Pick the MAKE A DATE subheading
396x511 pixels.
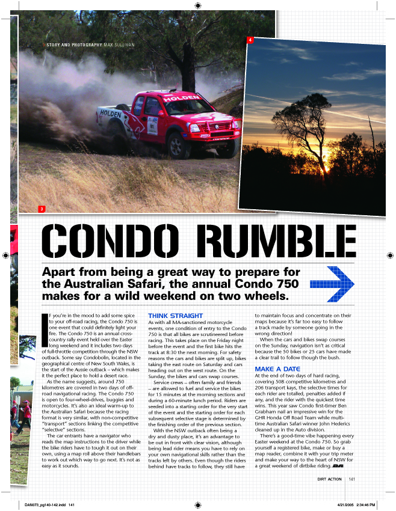277,369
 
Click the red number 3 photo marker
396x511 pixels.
42,209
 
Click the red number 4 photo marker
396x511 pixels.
250,40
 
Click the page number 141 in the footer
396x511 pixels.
351,479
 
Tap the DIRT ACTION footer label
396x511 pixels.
330,479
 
